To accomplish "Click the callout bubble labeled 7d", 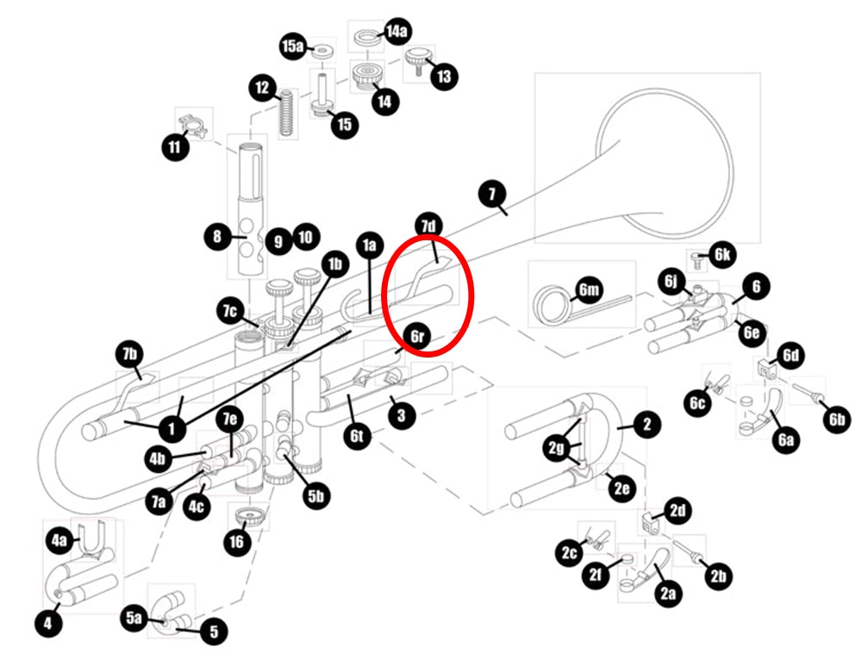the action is tap(428, 226).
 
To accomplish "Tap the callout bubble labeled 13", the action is tap(444, 76).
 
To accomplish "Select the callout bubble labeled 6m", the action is tap(589, 289).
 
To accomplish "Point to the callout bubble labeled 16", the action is tap(237, 542).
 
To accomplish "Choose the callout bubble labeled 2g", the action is tap(556, 448).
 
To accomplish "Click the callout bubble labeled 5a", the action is tap(134, 618).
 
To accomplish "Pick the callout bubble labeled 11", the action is tap(175, 146).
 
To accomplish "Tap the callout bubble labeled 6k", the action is tap(722, 254).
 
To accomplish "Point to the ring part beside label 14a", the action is tap(365, 39).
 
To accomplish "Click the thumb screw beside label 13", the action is tap(420, 60).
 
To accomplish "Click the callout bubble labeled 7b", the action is tap(130, 354).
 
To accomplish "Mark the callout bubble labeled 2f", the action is tap(596, 575).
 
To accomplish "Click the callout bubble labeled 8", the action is tap(217, 237).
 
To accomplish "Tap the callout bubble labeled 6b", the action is tap(837, 420).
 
